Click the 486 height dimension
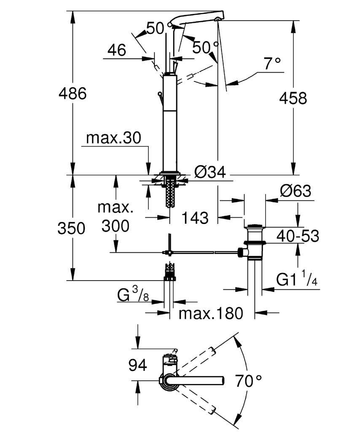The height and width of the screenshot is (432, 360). tap(73, 93)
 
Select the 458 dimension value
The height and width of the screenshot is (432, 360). tap(293, 98)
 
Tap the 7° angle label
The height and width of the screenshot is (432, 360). tap(272, 64)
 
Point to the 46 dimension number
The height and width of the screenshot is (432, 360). tap(117, 50)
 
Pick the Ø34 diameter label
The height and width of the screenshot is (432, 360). tap(210, 173)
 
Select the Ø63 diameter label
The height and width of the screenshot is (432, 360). tap(296, 191)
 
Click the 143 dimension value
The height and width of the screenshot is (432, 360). tap(195, 218)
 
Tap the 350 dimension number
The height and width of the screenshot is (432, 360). tap(71, 228)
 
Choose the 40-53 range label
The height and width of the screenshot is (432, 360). tap(298, 236)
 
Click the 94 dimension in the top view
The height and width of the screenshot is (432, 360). tap(137, 366)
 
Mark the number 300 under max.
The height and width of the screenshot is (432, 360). tap(116, 226)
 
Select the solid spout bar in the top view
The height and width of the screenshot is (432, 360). tap(197, 381)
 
